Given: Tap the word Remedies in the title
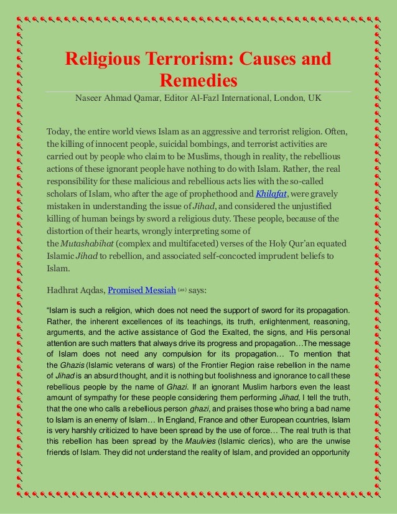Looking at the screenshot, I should (x=198, y=82).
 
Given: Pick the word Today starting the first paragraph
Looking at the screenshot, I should (x=60, y=133).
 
